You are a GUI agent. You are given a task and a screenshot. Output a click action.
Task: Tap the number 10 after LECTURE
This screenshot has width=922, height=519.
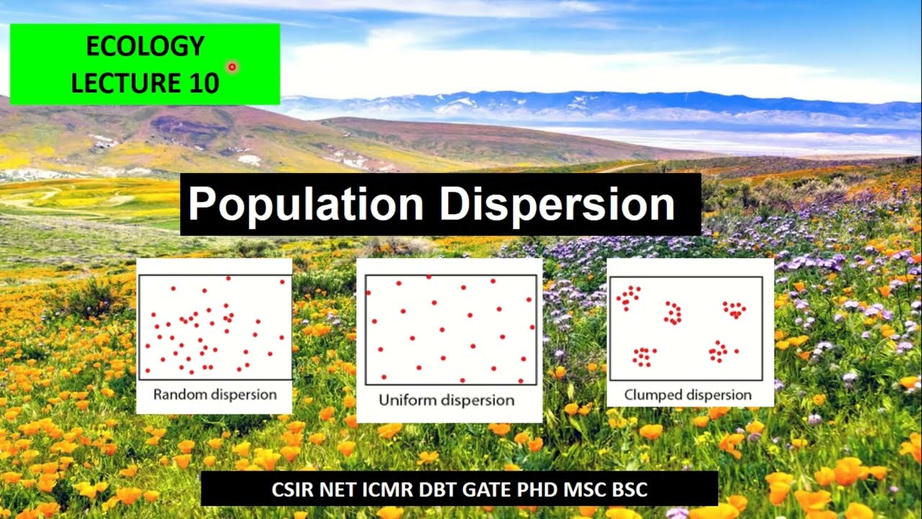(205, 84)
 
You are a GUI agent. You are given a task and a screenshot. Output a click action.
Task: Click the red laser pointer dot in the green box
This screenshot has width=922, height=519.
(232, 67)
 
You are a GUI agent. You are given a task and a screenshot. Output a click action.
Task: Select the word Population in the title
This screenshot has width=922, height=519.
(305, 205)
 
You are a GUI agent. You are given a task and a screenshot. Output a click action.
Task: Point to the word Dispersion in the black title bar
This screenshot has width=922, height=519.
(557, 205)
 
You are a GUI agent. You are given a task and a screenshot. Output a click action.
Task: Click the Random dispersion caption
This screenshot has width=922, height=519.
(215, 395)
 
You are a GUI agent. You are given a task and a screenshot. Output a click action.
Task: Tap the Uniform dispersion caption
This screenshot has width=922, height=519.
(447, 400)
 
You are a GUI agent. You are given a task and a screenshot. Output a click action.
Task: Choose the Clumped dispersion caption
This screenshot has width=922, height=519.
(688, 395)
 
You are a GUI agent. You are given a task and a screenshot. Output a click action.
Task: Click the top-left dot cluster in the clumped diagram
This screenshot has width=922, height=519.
(629, 296)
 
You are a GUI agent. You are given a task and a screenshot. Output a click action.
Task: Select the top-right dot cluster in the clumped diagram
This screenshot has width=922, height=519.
(735, 309)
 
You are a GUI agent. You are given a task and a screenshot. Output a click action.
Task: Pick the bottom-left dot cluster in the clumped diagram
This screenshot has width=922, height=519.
(644, 356)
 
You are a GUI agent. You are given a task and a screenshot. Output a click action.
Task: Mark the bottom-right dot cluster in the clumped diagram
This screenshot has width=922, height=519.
(720, 352)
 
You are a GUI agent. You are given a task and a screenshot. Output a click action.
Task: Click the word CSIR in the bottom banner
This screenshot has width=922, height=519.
(292, 490)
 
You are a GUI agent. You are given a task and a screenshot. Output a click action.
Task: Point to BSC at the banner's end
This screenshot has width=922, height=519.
(629, 490)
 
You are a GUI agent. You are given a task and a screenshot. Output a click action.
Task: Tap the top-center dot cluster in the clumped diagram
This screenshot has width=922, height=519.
(673, 313)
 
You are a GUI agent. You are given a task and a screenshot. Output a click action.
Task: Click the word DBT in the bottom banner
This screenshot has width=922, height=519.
(440, 490)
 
